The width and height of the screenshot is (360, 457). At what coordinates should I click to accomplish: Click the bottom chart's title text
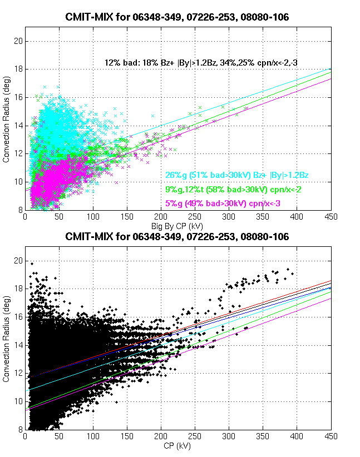click(177, 237)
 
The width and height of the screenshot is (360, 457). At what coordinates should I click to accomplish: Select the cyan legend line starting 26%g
click(237, 175)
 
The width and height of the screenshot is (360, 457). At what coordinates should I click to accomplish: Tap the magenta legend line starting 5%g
click(223, 204)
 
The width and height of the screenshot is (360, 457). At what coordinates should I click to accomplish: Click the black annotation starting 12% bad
click(201, 63)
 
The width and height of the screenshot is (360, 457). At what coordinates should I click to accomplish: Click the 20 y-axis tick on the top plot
click(18, 41)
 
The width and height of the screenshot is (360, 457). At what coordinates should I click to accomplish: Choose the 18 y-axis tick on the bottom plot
click(18, 289)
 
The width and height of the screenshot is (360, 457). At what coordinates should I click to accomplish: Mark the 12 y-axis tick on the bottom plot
click(18, 373)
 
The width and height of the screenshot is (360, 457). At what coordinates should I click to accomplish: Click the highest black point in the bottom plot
click(32, 264)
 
